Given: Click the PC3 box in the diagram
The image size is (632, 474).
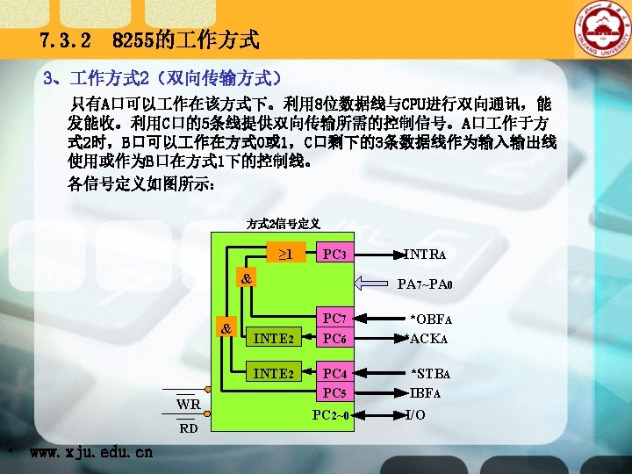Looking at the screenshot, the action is tap(334, 255).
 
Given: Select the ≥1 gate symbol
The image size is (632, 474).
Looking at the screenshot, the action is tap(285, 255).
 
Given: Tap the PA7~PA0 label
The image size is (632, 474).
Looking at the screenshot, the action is tap(426, 284).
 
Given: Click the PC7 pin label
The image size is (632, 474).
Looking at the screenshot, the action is tap(333, 318).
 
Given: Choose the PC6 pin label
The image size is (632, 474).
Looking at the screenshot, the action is tap(333, 338).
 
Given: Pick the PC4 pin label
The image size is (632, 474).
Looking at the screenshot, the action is tap(333, 374).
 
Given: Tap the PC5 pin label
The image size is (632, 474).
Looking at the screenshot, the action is tap(333, 391).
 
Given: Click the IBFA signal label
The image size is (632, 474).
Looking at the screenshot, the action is tap(427, 392).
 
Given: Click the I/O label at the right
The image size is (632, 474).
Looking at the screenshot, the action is tap(416, 414).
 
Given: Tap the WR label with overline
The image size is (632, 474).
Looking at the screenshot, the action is tap(188, 405).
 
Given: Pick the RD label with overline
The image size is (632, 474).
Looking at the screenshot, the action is tap(188, 429).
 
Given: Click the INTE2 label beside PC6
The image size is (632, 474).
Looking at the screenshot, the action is tap(272, 338).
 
